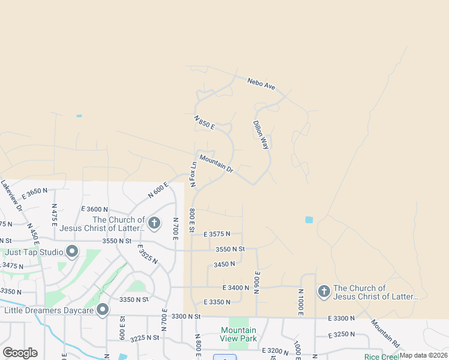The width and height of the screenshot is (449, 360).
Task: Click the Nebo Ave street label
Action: point(261,84)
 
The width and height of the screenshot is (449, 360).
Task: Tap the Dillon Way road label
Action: point(261,135)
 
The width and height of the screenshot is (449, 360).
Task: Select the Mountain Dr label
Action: point(216,164)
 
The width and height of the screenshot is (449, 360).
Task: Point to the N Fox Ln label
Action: point(193,174)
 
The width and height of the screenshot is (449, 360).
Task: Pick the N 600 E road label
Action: point(158,190)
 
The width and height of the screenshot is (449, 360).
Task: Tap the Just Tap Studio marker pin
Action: point(73,251)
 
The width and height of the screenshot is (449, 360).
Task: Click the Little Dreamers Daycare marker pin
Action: point(103,310)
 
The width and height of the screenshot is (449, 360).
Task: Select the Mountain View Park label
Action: point(238,334)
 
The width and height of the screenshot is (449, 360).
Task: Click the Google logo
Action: point(20,353)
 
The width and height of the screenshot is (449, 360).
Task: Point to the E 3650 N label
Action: point(34,193)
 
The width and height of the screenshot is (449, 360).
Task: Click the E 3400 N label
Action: point(235,288)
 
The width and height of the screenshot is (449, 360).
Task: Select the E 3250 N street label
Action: point(342,334)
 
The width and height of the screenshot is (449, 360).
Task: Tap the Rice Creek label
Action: point(381,356)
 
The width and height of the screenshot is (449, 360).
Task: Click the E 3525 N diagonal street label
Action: point(147,254)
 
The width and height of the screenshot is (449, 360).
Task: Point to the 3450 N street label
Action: point(224,264)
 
